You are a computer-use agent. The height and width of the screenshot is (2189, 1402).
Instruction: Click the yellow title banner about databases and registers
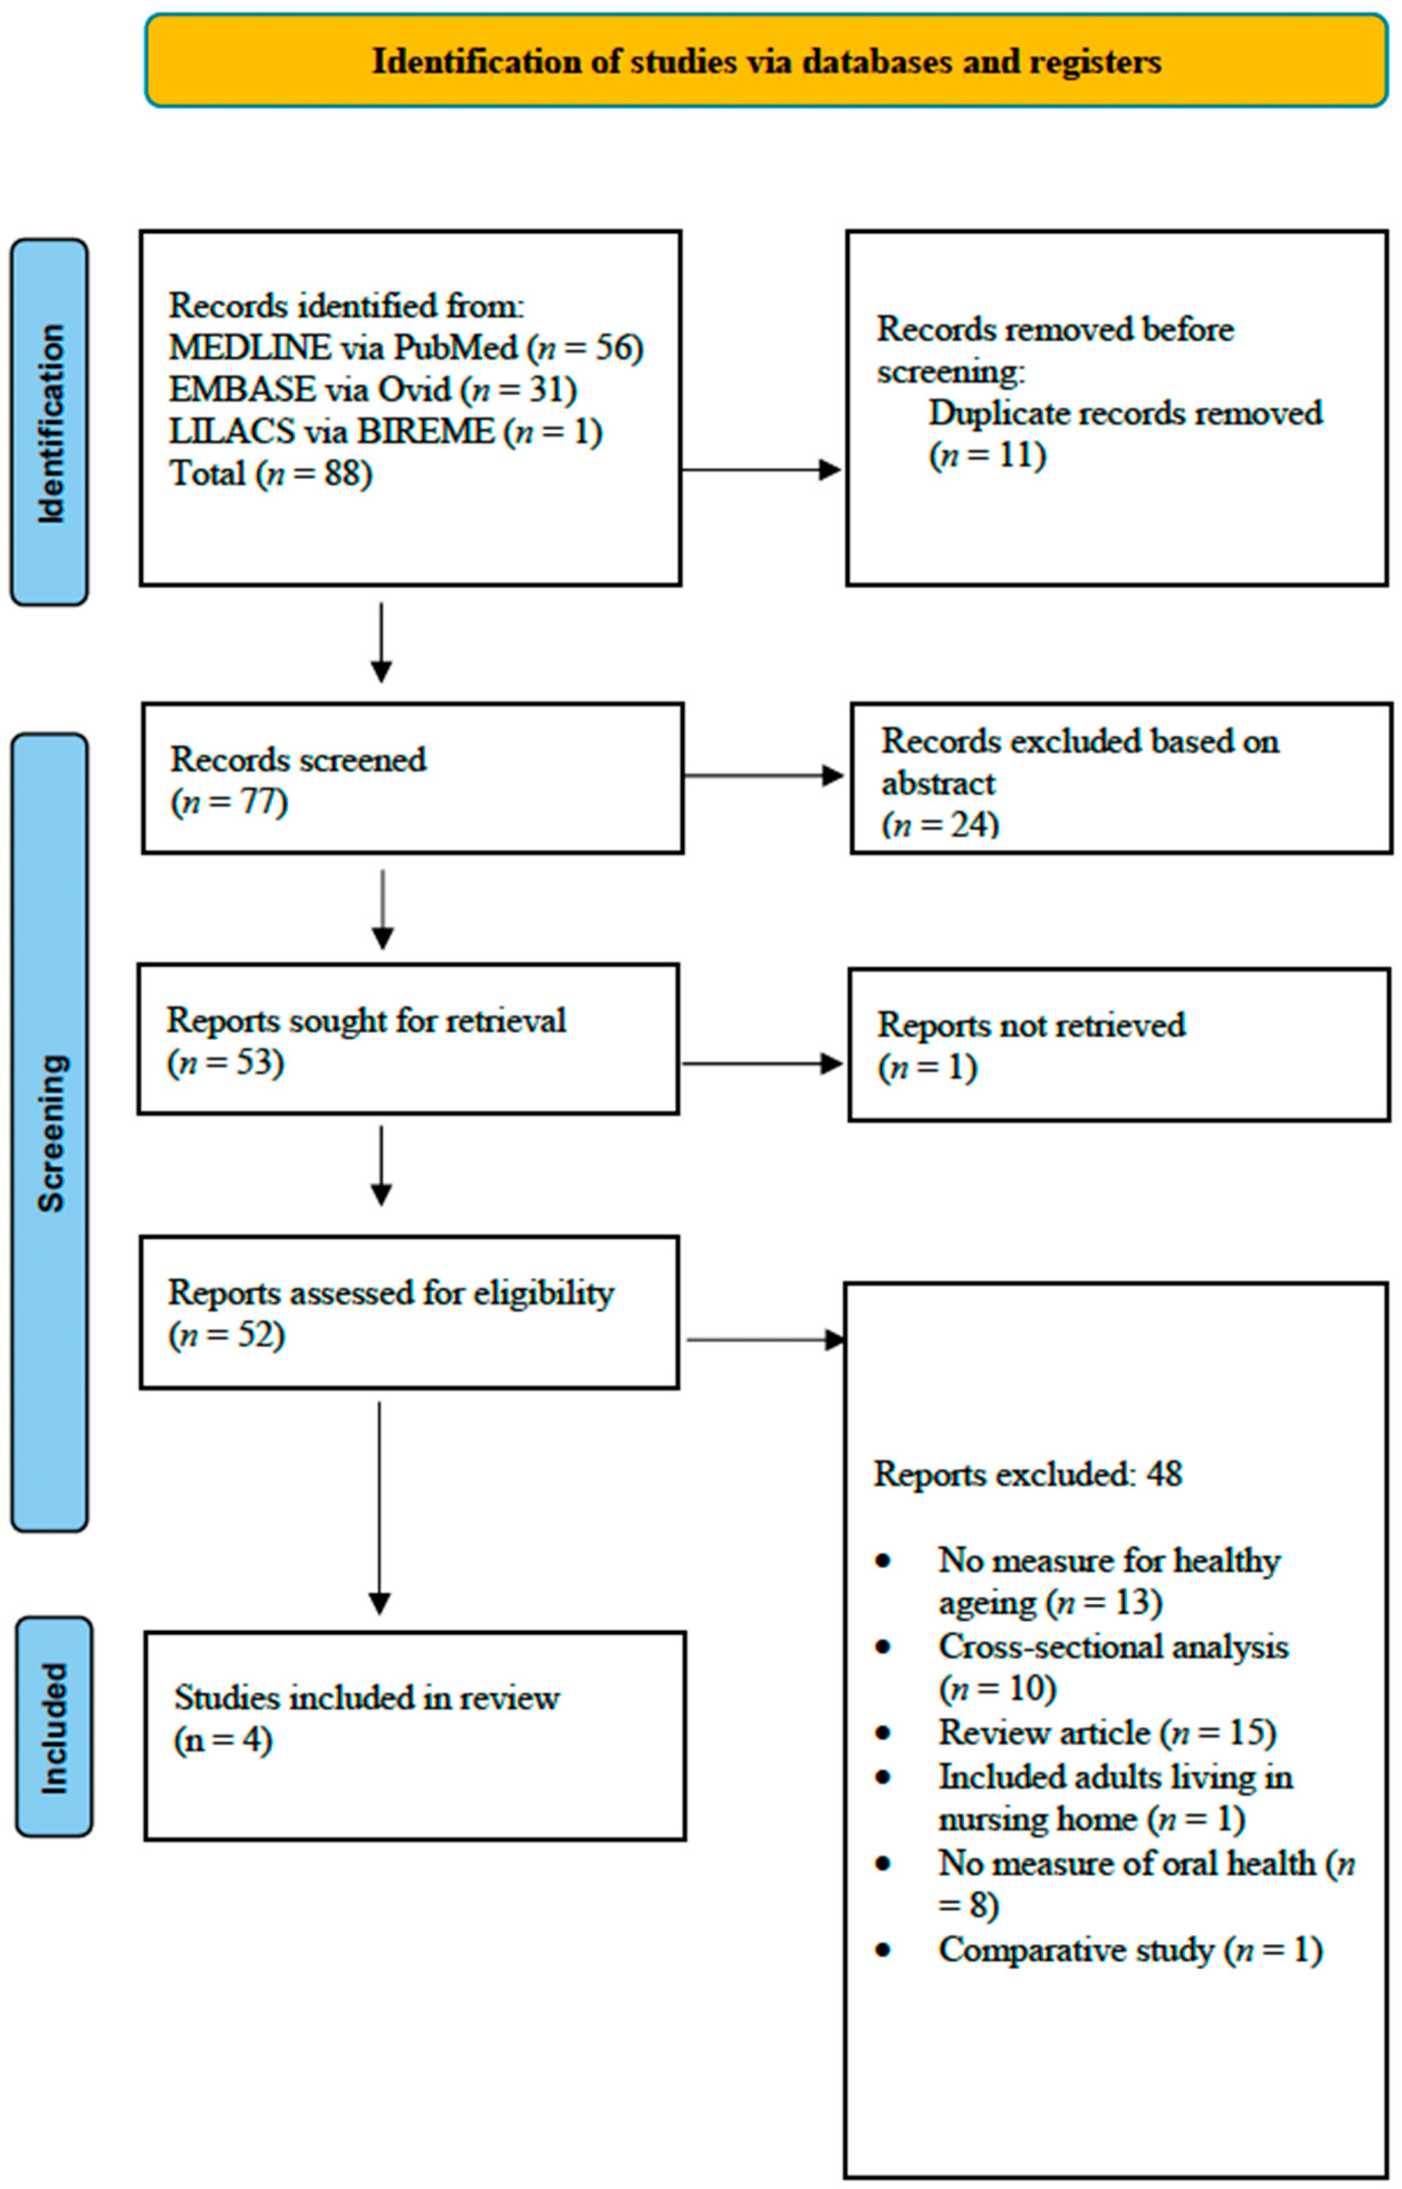(767, 61)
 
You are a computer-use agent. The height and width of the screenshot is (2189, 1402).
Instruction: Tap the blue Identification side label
(50, 422)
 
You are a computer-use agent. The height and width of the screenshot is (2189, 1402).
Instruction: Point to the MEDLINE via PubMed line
(406, 347)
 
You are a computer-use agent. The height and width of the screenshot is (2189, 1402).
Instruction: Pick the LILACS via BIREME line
(385, 431)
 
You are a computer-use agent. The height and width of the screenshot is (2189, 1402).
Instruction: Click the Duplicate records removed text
(1124, 413)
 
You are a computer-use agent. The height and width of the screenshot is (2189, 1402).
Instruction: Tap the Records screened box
(413, 778)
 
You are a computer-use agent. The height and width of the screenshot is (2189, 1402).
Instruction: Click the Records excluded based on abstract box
(1121, 778)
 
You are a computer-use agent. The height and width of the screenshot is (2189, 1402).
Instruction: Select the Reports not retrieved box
(1119, 1045)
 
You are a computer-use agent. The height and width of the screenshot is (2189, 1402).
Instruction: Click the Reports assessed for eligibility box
(409, 1312)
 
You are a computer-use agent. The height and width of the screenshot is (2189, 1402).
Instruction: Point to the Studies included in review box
(414, 1736)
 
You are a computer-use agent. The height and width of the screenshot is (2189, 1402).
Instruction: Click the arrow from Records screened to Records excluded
(763, 775)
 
